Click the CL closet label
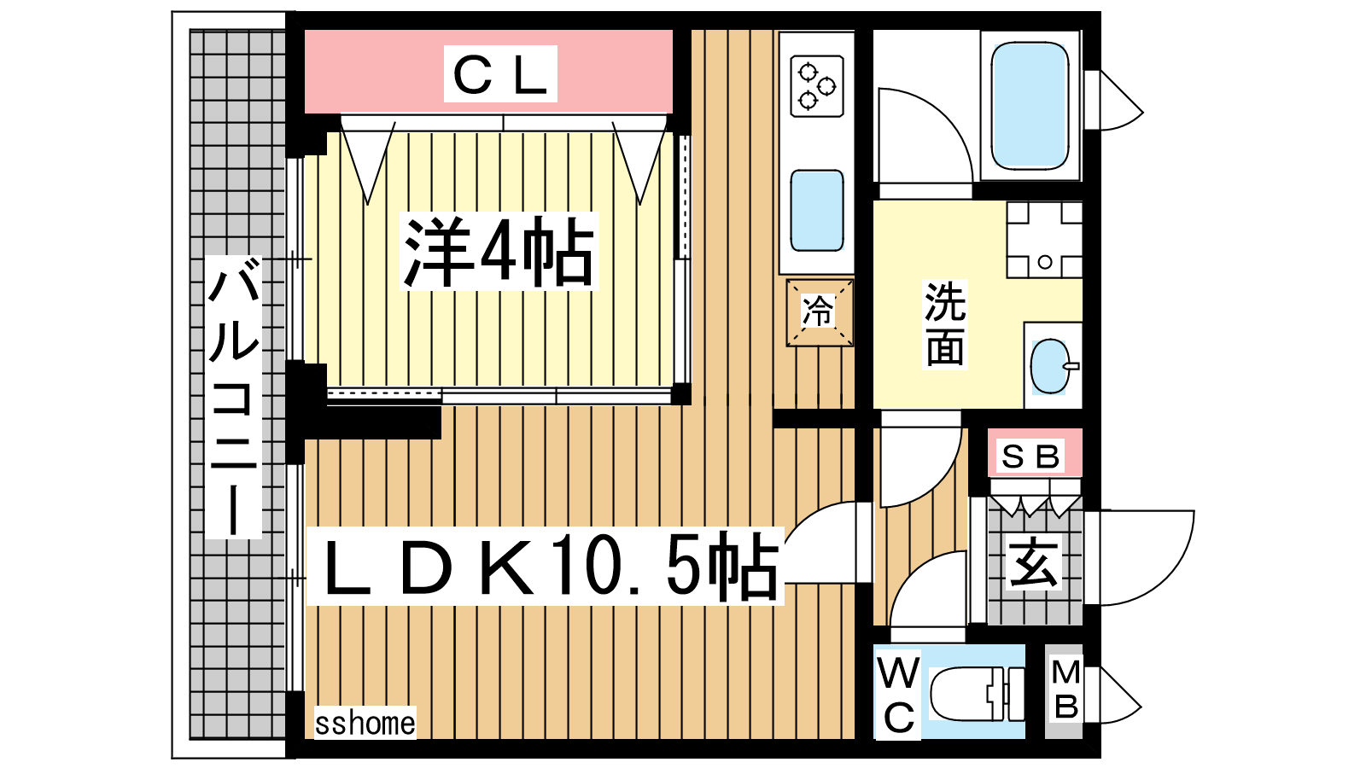pos(500,73)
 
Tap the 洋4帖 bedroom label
pos(499,251)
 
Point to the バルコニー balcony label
pos(234,397)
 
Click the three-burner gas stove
pos(816,86)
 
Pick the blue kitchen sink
pos(817,210)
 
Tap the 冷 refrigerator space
pos(819,312)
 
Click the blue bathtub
pos(1030,106)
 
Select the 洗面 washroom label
pos(945,324)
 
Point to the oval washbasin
pos(1050,366)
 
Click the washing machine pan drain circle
pos(1045,262)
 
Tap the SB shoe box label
pos(1031,457)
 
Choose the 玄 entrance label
pos(1034,562)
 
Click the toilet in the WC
pos(977,693)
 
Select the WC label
pos(898,695)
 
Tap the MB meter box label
pos(1065,689)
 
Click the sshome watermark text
pos(365,724)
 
